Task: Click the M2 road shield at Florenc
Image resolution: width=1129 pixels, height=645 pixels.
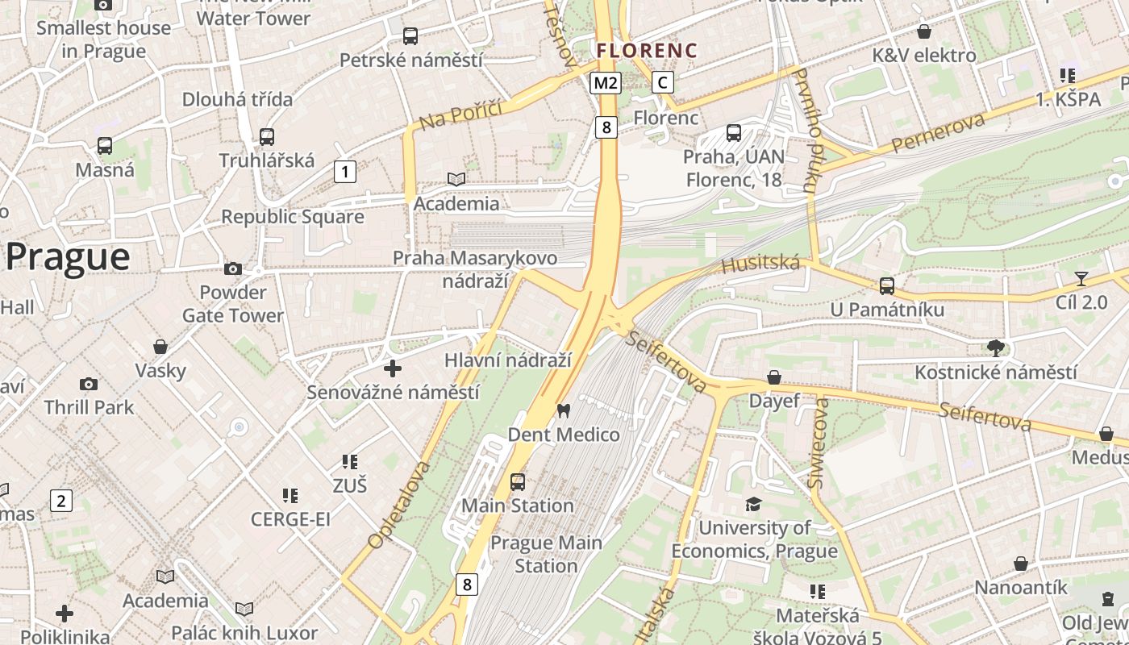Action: click(x=606, y=82)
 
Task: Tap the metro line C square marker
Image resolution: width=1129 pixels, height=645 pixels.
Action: click(x=663, y=82)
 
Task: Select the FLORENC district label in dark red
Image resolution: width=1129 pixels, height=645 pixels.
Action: click(x=647, y=51)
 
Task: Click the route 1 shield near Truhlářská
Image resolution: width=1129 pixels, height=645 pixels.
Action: click(x=345, y=171)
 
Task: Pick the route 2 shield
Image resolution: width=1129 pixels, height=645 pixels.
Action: click(x=61, y=500)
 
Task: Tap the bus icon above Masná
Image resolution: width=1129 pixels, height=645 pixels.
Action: click(x=105, y=146)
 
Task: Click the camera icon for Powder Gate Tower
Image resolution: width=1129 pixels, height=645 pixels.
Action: click(x=233, y=268)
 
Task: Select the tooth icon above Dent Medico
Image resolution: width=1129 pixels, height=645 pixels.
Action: click(x=564, y=410)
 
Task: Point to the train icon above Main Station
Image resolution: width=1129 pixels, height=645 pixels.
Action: click(x=518, y=482)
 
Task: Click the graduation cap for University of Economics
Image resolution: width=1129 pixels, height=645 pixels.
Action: click(x=753, y=504)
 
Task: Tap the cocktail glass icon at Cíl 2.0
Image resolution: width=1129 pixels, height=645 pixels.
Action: click(x=1081, y=278)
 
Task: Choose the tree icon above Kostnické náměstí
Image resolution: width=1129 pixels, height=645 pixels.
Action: click(x=996, y=348)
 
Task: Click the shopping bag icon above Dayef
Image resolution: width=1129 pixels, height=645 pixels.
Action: click(x=774, y=377)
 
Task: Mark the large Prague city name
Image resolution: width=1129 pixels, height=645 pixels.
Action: click(x=68, y=257)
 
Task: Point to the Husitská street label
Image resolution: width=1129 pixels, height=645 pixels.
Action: click(x=760, y=264)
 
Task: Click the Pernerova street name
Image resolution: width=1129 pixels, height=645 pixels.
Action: click(x=939, y=133)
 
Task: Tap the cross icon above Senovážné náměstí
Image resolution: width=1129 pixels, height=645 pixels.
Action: click(x=393, y=368)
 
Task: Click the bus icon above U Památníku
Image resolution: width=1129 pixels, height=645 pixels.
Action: click(x=887, y=285)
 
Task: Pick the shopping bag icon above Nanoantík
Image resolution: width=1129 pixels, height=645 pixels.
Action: click(x=1021, y=564)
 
